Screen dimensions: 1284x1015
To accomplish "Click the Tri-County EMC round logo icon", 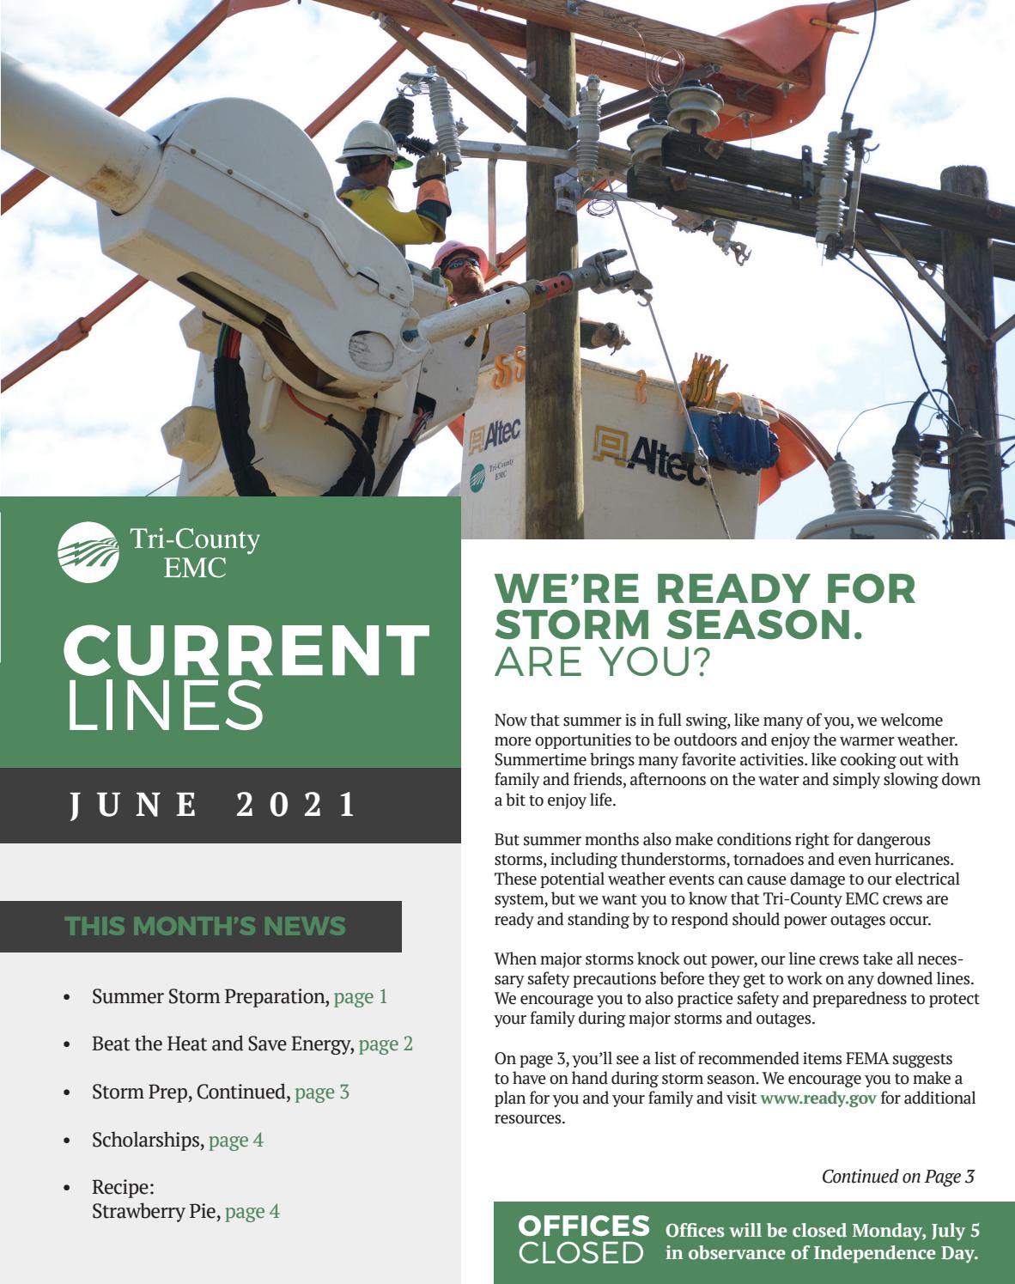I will click(88, 552).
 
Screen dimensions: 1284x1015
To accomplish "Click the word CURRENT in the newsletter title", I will click(246, 650).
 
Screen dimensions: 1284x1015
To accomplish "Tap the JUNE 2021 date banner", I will click(213, 805).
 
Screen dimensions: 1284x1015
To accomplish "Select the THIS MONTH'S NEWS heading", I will click(205, 926).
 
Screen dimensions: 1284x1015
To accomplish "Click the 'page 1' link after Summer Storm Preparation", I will click(360, 996).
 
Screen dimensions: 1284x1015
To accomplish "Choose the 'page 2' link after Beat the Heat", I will click(386, 1044).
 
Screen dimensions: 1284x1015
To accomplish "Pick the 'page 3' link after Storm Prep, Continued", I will click(322, 1092).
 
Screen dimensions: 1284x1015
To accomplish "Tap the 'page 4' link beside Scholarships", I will click(236, 1140).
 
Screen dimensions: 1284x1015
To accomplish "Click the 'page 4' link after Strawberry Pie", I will click(252, 1211).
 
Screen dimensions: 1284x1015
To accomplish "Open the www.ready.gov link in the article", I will click(817, 1098).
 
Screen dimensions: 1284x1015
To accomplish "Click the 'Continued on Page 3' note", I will click(897, 1176).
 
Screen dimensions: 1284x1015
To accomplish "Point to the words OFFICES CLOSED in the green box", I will click(583, 1238).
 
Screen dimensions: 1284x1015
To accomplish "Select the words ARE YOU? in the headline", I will click(603, 661).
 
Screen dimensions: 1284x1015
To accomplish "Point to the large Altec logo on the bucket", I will click(657, 450).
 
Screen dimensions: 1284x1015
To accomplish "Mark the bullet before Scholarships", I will click(67, 1141).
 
